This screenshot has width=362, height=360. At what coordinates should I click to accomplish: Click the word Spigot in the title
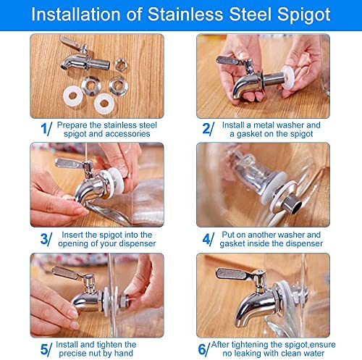click(303, 15)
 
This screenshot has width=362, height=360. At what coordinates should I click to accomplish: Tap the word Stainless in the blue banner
click(185, 14)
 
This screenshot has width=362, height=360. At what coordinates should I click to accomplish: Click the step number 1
click(44, 128)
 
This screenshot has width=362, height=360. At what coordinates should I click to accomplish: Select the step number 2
click(206, 128)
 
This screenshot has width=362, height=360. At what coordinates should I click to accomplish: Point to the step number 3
click(44, 239)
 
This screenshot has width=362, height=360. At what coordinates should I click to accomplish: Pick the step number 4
click(206, 239)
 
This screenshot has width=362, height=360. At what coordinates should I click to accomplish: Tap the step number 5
click(44, 349)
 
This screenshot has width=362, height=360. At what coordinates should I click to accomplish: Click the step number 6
click(202, 349)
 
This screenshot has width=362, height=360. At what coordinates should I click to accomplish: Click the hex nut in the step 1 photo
click(120, 64)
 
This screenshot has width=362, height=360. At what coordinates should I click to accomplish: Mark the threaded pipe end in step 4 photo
click(292, 204)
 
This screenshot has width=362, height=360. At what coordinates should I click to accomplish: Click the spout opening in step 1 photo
click(64, 67)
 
